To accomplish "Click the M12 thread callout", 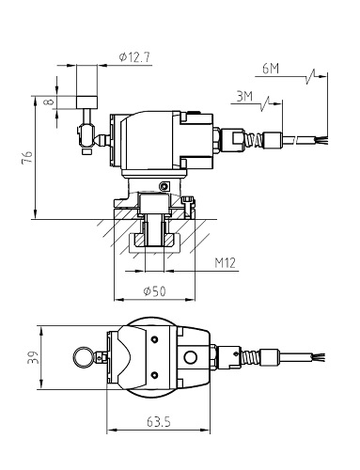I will pyautogui.click(x=224, y=265).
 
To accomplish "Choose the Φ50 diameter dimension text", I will pyautogui.click(x=154, y=292).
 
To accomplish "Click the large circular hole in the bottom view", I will pyautogui.click(x=194, y=357).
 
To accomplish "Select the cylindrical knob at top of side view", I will pyautogui.click(x=87, y=99).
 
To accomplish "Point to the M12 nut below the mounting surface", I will pyautogui.click(x=154, y=243).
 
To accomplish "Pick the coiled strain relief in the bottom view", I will pyautogui.click(x=246, y=356).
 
